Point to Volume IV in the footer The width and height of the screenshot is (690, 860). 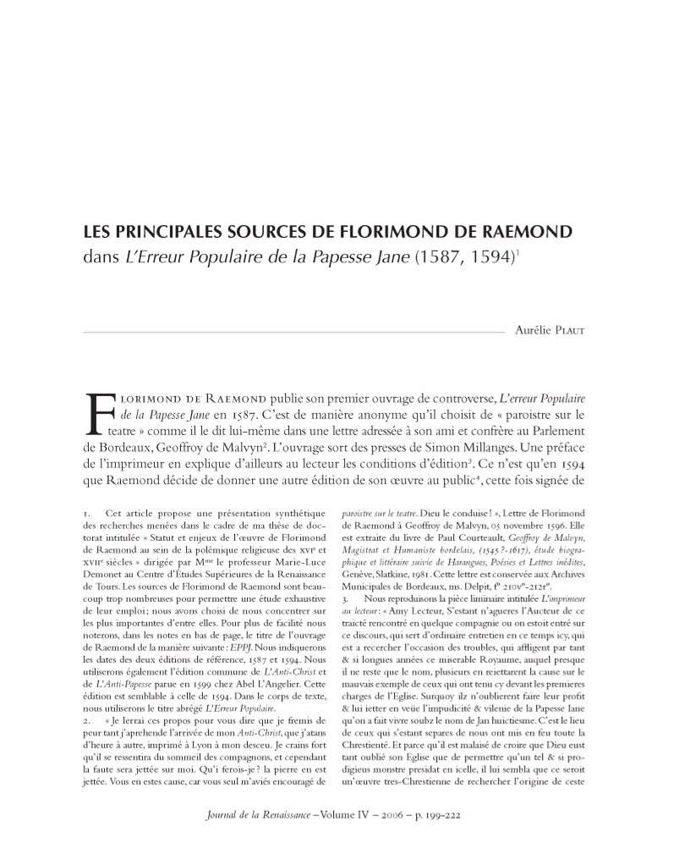340,819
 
